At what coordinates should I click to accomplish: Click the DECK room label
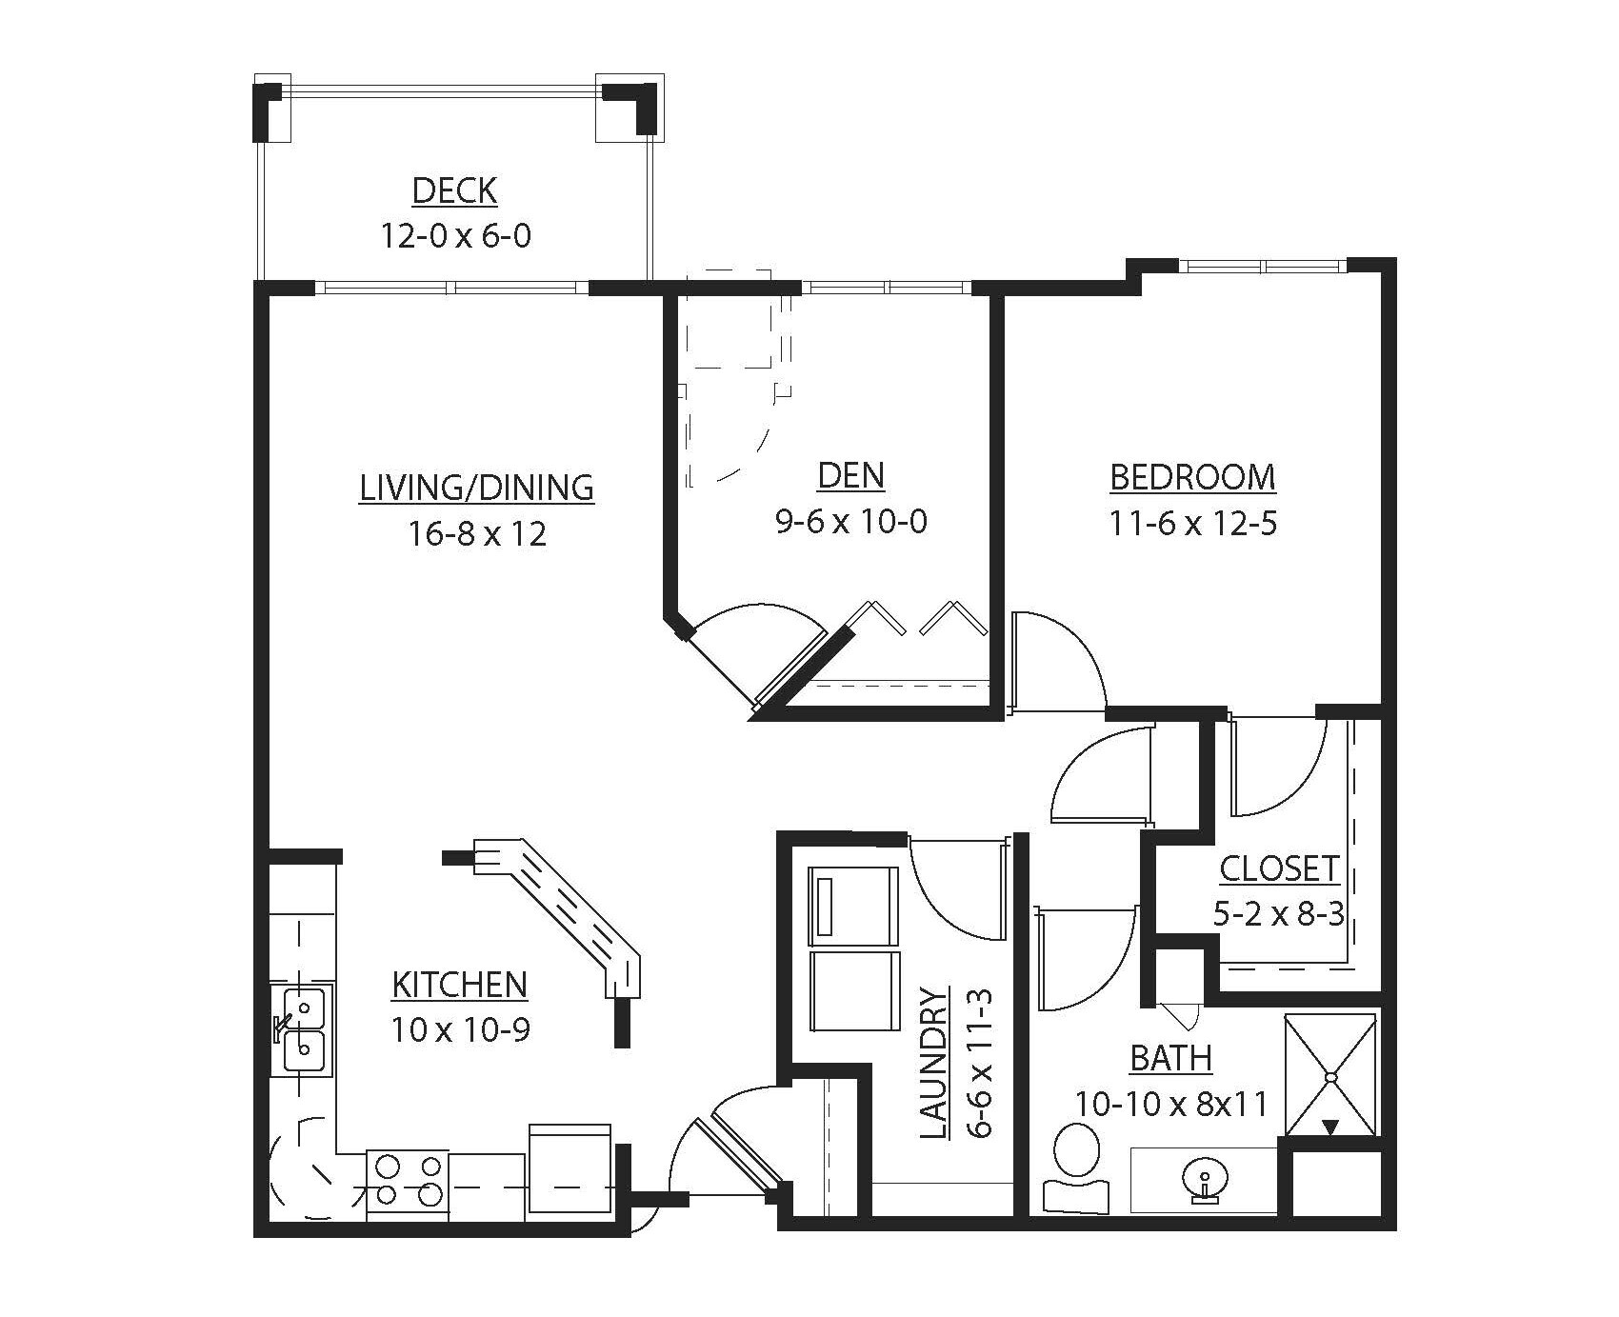(x=454, y=190)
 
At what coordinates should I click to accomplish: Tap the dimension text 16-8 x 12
(x=478, y=533)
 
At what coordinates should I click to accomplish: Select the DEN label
(x=850, y=475)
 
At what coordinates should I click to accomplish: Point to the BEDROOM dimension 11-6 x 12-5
(x=1192, y=523)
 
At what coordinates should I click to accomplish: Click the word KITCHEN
(x=459, y=985)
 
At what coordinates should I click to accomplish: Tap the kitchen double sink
(x=303, y=1030)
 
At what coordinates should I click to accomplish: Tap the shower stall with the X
(x=1330, y=1075)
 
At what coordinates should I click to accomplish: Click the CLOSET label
(x=1279, y=868)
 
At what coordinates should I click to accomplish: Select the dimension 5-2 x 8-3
(x=1278, y=914)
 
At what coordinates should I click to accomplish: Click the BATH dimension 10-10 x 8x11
(x=1171, y=1104)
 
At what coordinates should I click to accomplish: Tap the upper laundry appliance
(x=853, y=892)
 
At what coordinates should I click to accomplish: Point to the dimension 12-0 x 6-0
(x=455, y=235)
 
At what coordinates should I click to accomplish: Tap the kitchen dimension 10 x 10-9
(x=459, y=1029)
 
